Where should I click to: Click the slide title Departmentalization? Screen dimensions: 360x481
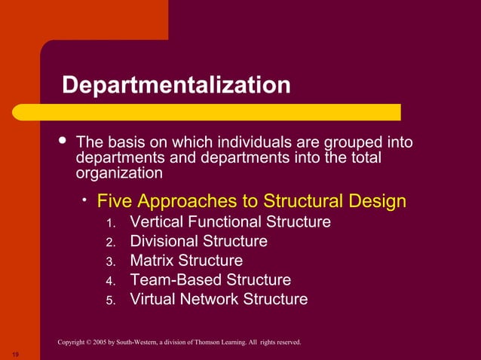tap(176, 84)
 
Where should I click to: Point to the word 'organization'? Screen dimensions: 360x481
tap(119, 172)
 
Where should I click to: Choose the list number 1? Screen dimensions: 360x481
tap(110, 223)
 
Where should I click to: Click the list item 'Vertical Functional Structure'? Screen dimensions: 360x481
tap(230, 222)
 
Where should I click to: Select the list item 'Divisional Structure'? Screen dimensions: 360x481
tap(198, 242)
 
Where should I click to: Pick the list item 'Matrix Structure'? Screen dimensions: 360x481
tap(186, 261)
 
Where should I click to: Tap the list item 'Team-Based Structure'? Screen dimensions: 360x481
tap(210, 280)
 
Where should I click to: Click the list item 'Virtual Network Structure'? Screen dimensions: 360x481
tap(219, 299)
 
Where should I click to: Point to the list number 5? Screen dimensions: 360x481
tap(110, 300)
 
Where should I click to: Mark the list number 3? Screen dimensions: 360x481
tap(110, 261)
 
